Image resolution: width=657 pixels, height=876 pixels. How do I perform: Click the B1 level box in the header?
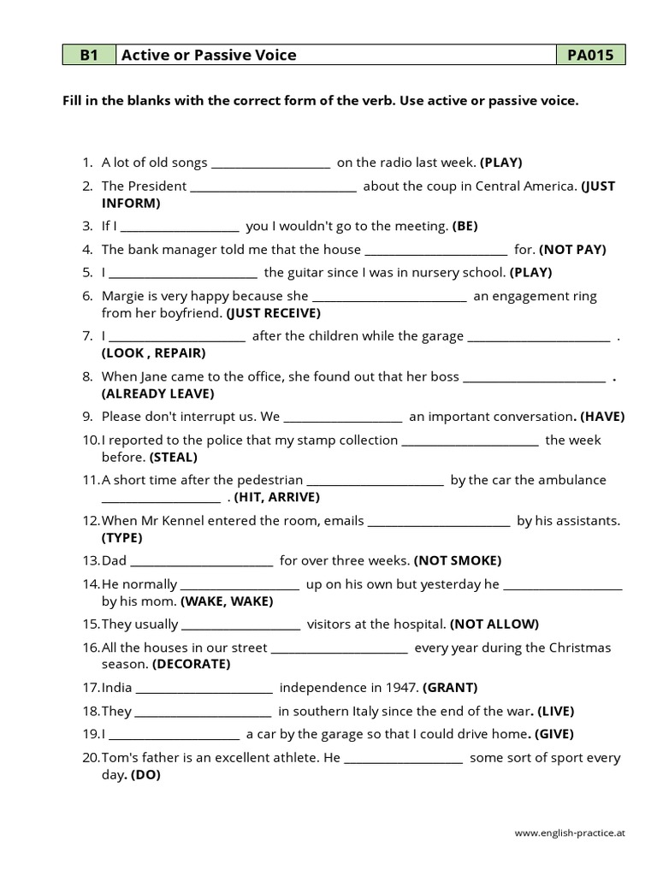click(89, 56)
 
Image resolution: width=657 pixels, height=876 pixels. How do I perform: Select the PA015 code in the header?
click(590, 56)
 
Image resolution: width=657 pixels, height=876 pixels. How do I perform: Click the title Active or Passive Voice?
click(209, 56)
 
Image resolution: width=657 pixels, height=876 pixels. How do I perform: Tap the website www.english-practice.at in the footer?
click(570, 832)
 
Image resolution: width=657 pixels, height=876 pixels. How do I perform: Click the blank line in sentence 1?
click(270, 163)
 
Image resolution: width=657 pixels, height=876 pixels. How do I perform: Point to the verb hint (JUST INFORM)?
click(131, 204)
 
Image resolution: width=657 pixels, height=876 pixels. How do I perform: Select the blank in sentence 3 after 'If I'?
click(181, 228)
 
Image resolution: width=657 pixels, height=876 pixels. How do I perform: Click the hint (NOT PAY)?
click(572, 250)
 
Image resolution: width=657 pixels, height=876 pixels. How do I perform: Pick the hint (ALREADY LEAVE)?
click(158, 394)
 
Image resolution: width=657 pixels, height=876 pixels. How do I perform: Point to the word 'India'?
click(116, 687)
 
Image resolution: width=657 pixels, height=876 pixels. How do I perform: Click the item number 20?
click(91, 758)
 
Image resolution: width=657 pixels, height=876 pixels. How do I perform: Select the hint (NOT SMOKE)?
click(458, 561)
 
